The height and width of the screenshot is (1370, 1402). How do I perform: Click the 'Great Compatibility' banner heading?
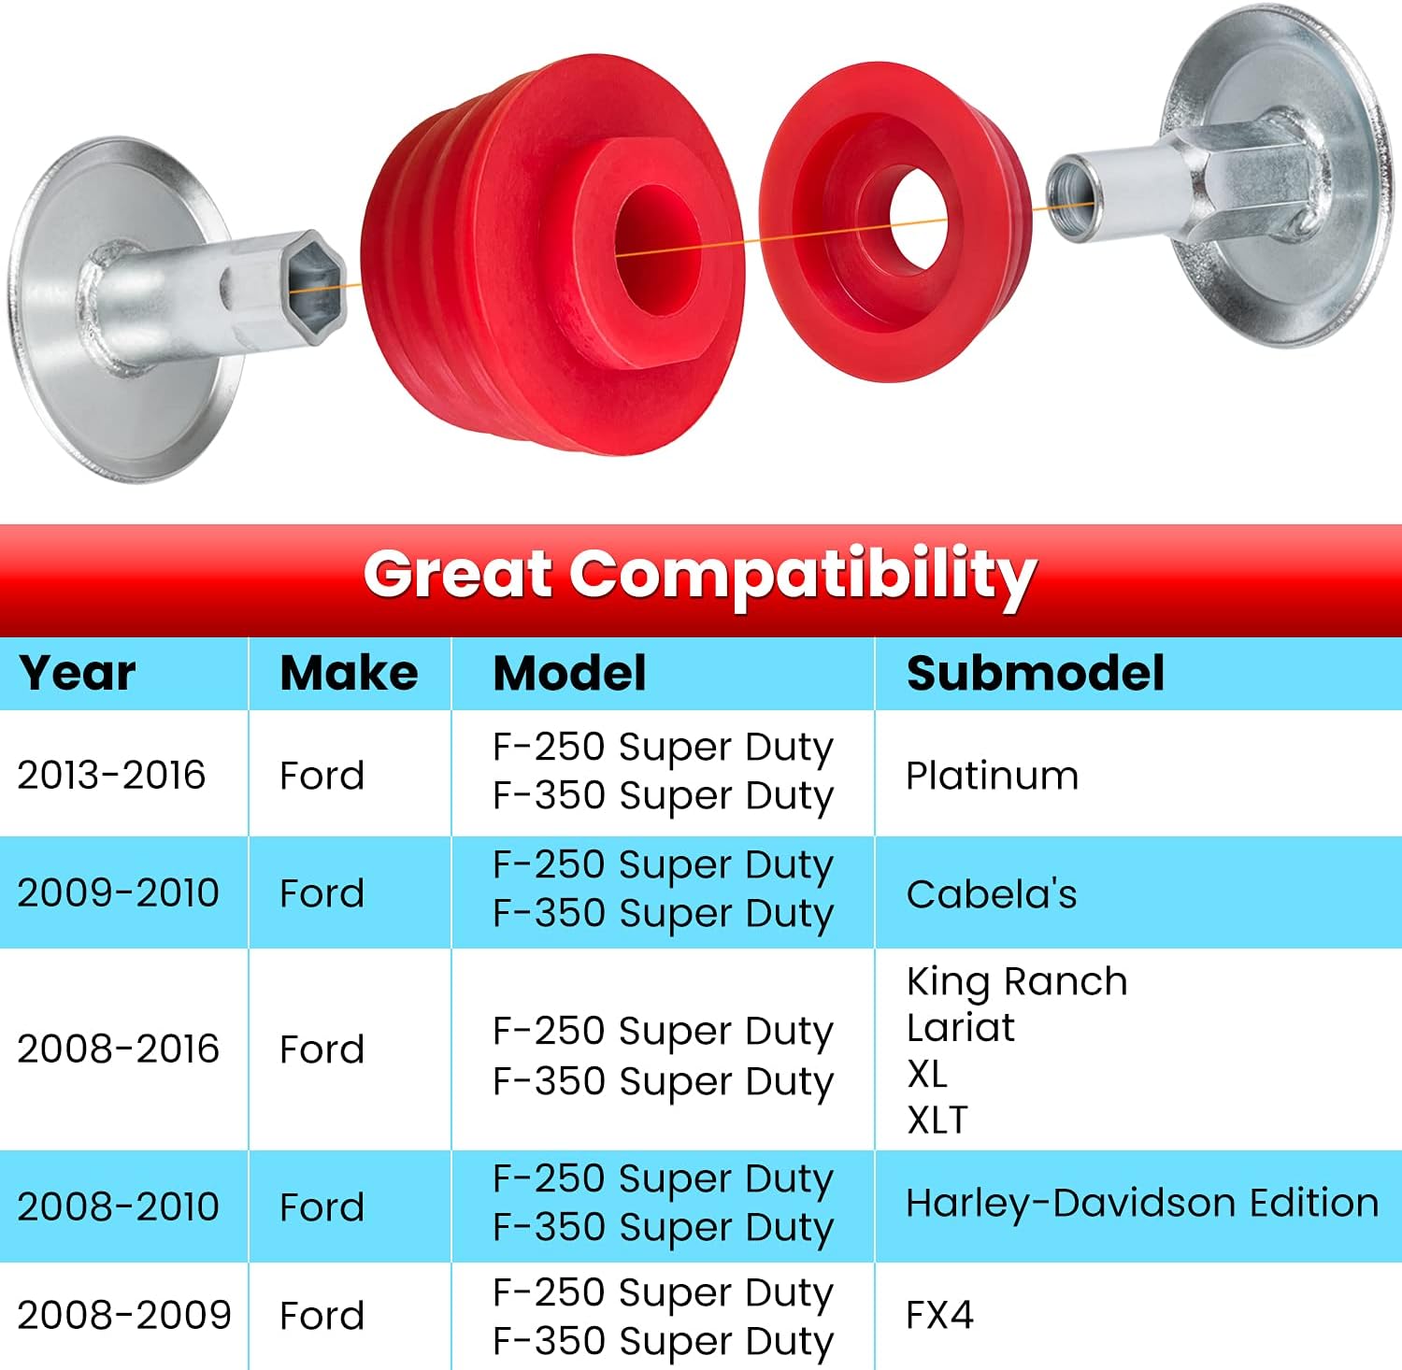700,574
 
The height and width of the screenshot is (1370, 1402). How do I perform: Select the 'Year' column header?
78,674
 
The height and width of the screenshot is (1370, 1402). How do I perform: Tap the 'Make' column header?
349,673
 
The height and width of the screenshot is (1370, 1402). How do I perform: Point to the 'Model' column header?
569,673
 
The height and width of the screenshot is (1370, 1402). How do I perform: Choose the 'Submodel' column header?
1036,673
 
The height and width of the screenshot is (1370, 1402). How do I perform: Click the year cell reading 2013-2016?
111,775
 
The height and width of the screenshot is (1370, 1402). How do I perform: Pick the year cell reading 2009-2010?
118,892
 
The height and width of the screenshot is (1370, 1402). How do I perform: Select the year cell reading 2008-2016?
118,1049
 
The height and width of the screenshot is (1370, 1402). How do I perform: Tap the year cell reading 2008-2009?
124,1315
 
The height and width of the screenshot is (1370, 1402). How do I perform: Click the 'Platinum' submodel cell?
993,776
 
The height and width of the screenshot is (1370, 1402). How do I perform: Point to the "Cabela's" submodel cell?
992,894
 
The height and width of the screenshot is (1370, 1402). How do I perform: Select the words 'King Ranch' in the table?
1017,981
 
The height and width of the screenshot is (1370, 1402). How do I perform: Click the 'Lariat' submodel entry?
961,1028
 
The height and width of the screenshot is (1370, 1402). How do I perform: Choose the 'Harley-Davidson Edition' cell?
1142,1203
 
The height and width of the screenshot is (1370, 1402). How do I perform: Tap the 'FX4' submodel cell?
940,1315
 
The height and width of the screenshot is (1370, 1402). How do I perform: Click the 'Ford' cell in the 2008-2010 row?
322,1206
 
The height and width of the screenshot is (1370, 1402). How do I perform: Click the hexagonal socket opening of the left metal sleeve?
314,287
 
